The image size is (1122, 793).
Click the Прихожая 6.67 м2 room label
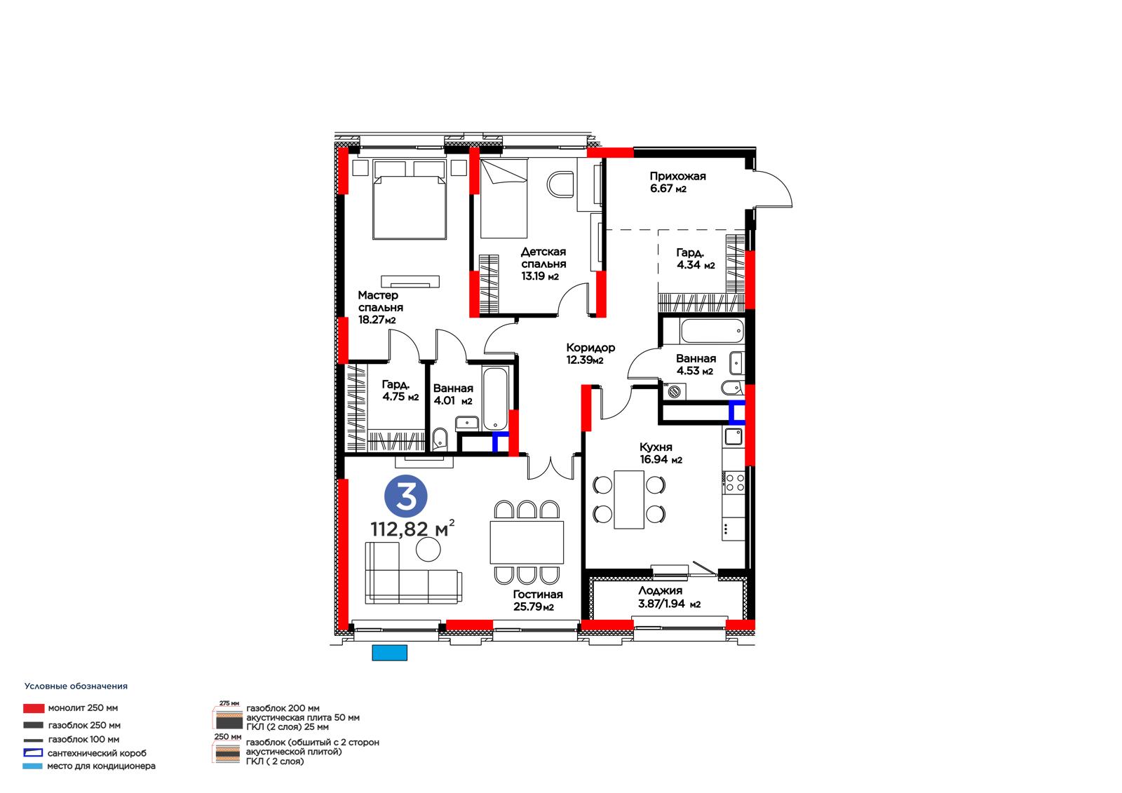coord(677,182)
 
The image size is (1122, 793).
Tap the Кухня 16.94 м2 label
coord(661,454)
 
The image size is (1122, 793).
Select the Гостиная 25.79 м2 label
coord(537,601)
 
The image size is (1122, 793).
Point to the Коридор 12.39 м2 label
coord(590,353)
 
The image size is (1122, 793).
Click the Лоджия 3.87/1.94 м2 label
coord(669,597)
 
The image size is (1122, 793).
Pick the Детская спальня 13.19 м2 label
coord(543,264)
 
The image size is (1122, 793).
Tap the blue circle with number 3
coord(406,496)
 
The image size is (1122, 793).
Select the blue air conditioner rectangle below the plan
coord(390,653)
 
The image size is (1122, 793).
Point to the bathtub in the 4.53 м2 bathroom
coord(712,331)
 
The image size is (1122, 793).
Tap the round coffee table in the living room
coord(428,550)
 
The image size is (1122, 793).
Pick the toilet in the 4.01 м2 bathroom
coord(439,440)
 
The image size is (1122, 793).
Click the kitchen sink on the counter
coord(734,436)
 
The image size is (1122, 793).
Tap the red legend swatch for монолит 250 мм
coord(34,708)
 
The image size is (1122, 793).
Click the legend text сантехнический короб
coord(97,754)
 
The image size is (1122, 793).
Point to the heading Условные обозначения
coord(76,686)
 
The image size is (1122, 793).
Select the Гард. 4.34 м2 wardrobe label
coord(696,259)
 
